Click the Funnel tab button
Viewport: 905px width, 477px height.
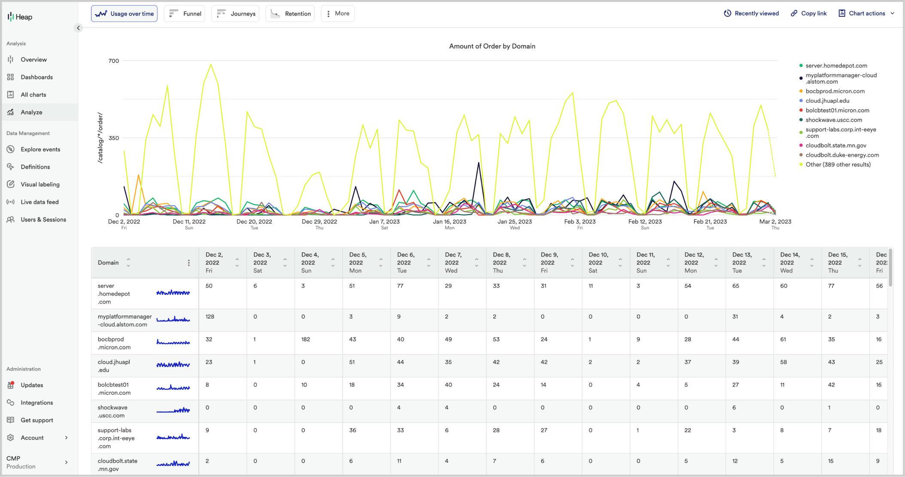coord(185,14)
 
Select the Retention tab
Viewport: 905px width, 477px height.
coord(290,14)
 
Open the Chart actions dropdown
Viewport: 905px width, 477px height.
coord(866,13)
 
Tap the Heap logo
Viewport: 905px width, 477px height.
coord(20,17)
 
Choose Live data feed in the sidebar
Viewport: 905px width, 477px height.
coord(40,202)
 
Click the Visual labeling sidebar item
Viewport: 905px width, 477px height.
coord(40,184)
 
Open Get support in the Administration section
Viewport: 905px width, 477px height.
coord(37,420)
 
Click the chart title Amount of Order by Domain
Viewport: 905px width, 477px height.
coord(492,46)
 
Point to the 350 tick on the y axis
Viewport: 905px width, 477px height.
coord(114,138)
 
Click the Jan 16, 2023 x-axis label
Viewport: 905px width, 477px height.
coord(449,222)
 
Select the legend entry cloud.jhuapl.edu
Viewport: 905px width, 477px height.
coord(827,100)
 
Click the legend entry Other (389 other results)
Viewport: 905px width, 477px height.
coord(838,164)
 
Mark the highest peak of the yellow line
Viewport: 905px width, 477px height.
coord(211,65)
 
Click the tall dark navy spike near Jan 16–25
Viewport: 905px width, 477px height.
coord(478,163)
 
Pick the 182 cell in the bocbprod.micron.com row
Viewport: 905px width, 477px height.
coord(306,339)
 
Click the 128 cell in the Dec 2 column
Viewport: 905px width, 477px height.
coord(210,316)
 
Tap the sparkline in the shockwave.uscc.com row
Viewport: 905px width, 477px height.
coord(173,411)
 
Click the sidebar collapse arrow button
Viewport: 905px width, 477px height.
coord(78,28)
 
